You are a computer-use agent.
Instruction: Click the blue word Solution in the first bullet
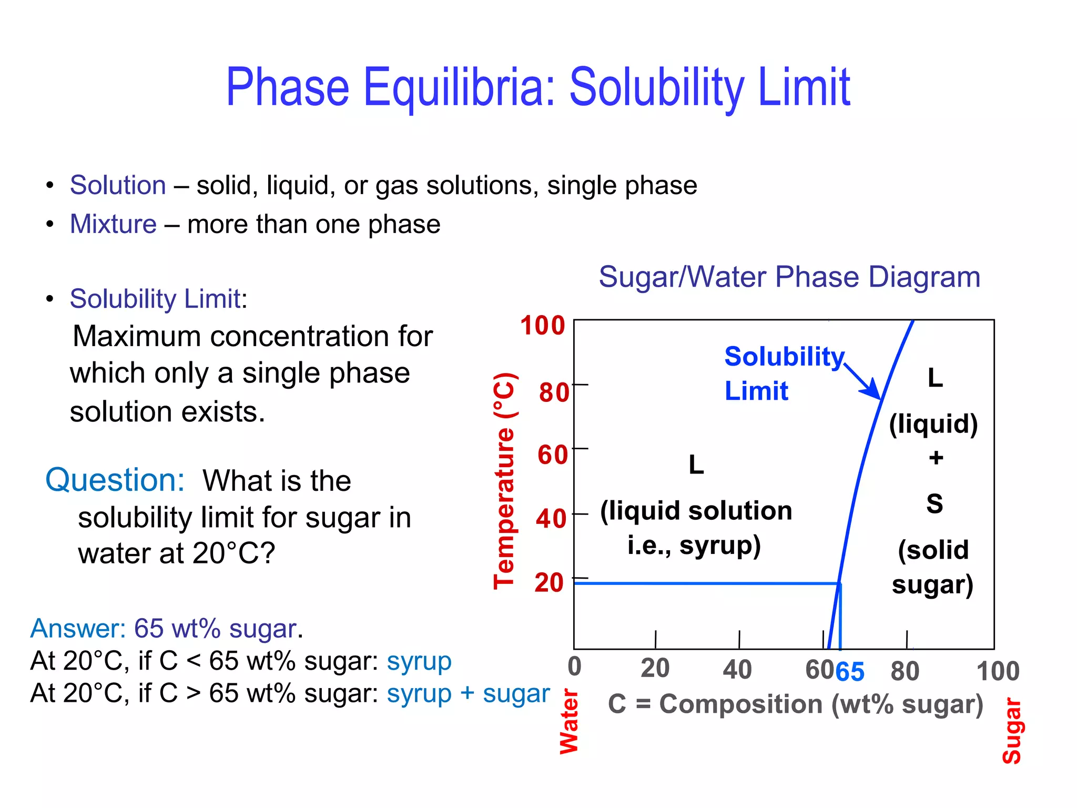(118, 185)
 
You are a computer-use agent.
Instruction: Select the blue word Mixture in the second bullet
(113, 224)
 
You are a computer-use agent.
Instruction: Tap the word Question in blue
(115, 480)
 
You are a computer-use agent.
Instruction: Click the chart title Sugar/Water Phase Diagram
(789, 277)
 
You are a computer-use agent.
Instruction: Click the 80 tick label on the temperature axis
(554, 392)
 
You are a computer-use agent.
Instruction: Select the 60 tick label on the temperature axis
(553, 454)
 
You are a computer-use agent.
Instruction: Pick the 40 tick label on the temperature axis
(551, 519)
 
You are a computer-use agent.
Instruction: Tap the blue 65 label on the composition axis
(850, 672)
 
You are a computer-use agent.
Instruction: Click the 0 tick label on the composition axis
(575, 666)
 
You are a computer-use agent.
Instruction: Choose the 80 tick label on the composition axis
(905, 671)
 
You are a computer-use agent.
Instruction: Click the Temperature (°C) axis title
(504, 480)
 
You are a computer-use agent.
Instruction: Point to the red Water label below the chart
(569, 722)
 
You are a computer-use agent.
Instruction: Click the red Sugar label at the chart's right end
(1012, 731)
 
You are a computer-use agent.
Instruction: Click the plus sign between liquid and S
(936, 458)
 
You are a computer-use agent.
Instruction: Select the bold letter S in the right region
(934, 503)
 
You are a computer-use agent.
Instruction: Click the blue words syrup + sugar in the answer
(468, 693)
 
